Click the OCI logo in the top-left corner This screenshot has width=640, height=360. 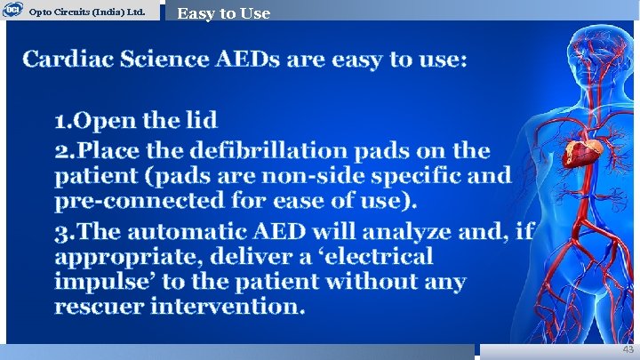(12, 11)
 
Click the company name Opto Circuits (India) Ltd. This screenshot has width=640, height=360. (87, 12)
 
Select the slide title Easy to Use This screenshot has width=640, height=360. (223, 12)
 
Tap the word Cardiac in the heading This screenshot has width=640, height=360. (69, 60)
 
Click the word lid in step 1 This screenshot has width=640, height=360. (198, 120)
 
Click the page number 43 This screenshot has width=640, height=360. (628, 349)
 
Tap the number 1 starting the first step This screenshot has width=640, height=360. (60, 120)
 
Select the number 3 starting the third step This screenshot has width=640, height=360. (60, 232)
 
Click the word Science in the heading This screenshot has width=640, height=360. (165, 60)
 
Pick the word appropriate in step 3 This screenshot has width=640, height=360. (130, 257)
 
